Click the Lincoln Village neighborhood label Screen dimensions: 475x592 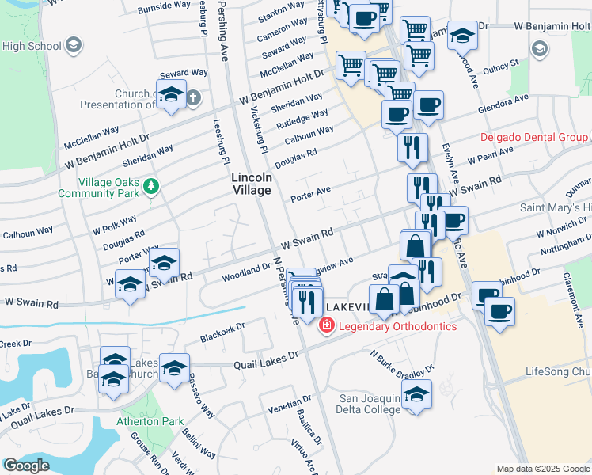252,184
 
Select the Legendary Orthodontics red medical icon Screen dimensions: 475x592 325,325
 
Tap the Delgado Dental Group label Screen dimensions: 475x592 534,138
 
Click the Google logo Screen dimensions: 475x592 26,465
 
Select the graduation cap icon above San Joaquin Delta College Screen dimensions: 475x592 417,393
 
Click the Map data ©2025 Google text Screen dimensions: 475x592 542,469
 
